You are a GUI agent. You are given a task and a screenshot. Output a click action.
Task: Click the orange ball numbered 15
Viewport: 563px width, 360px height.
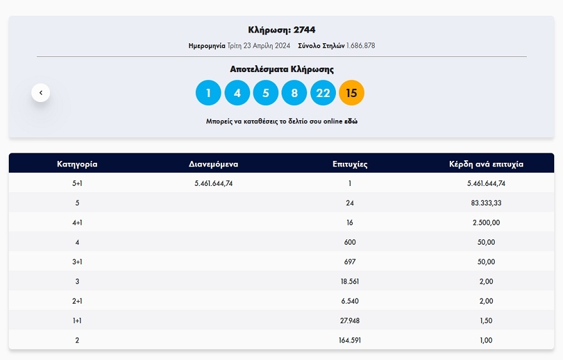tap(352, 93)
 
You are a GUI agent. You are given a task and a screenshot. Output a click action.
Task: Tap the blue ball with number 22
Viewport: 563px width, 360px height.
tap(323, 93)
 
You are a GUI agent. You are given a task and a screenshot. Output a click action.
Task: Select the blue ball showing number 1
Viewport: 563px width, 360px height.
tap(208, 93)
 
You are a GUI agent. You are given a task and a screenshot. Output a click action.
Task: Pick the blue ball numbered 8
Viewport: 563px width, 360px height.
tap(294, 93)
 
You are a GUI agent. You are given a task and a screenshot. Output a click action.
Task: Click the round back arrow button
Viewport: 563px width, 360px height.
tap(41, 93)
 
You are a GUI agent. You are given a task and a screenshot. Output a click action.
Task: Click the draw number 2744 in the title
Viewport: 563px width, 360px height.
tap(304, 29)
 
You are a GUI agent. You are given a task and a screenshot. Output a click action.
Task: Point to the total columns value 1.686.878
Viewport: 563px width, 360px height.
tap(360, 46)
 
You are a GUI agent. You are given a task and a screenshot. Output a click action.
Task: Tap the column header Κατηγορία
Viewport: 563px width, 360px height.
tap(77, 164)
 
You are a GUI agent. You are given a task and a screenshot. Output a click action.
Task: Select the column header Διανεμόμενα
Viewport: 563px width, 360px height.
tap(213, 164)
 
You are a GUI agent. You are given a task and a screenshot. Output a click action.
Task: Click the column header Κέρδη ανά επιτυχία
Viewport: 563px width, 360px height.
tap(486, 164)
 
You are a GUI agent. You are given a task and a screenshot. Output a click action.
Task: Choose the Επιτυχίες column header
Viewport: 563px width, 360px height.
tap(350, 164)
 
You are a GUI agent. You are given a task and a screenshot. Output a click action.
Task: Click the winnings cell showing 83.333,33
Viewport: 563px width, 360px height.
tap(486, 203)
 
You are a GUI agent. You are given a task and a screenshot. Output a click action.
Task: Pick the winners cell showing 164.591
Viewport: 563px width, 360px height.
tap(350, 340)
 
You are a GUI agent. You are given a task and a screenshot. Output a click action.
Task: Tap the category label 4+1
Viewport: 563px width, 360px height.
tap(77, 222)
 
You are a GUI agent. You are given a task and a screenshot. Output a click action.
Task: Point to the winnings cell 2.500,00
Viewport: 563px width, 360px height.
tap(486, 222)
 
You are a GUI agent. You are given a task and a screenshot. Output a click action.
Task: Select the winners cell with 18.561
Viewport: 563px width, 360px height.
tap(350, 281)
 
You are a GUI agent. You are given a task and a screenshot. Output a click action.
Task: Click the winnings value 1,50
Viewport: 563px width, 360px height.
tap(486, 321)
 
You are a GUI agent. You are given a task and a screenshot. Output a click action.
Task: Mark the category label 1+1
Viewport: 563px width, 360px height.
tap(77, 321)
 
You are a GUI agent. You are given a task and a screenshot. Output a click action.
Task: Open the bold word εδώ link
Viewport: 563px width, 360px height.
tap(352, 121)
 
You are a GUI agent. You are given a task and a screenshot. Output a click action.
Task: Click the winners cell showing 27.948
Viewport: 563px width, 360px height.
tap(350, 321)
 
